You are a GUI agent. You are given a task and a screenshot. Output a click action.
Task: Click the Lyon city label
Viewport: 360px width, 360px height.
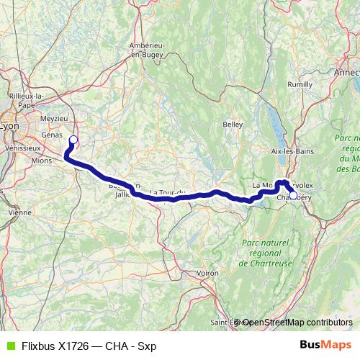tap(9, 126)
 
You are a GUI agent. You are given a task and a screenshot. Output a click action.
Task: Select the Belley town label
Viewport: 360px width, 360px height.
tap(233, 124)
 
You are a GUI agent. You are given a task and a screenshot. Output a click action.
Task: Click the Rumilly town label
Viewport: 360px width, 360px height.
tap(300, 84)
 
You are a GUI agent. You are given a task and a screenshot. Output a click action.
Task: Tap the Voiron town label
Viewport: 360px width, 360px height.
tap(207, 274)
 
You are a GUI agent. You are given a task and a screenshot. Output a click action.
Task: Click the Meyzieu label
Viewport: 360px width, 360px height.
tap(53, 118)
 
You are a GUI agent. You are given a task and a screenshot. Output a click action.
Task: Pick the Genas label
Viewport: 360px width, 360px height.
tap(52, 134)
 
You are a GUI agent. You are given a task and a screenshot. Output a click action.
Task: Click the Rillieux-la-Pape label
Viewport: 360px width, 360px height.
tap(30, 100)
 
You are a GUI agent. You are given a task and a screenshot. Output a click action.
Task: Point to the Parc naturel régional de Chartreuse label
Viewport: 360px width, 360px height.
tap(267, 254)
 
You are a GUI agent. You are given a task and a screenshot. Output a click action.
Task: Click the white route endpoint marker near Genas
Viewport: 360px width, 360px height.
tap(73, 140)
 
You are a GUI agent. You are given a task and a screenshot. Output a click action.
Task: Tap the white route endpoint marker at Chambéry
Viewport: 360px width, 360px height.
tap(293, 194)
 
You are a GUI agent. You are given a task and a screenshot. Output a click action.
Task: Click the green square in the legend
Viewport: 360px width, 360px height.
tap(9, 346)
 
